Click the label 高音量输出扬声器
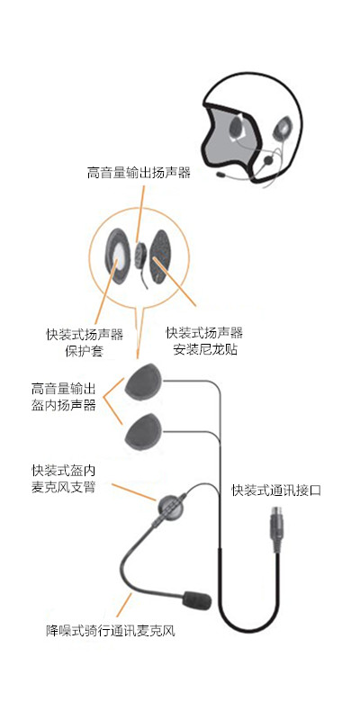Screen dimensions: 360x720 139,173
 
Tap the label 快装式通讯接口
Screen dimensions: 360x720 276,490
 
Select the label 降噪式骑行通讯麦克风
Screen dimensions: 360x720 110,631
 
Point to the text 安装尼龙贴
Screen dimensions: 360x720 205,349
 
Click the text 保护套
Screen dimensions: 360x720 84,351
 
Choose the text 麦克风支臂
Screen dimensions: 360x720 63,487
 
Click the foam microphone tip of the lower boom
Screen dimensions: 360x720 197,600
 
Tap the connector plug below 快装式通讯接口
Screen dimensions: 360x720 276,529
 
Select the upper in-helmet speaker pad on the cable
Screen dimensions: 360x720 144,382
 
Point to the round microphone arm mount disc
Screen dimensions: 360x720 169,507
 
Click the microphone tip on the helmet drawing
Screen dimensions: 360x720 221,175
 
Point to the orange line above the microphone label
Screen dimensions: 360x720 124,604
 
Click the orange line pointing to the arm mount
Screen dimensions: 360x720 133,492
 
